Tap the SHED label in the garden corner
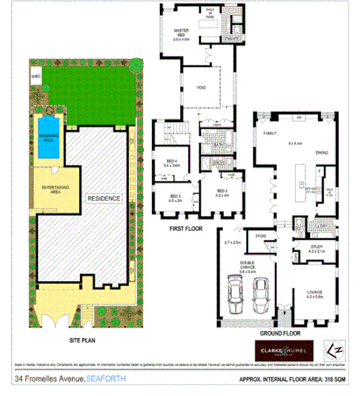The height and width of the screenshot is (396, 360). pyautogui.click(x=34, y=74)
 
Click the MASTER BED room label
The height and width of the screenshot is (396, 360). pyautogui.click(x=180, y=34)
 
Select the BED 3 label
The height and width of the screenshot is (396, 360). pyautogui.click(x=175, y=198)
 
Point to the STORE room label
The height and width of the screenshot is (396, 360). pyautogui.click(x=261, y=235)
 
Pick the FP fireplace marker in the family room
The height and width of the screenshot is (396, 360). pyautogui.click(x=298, y=117)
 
